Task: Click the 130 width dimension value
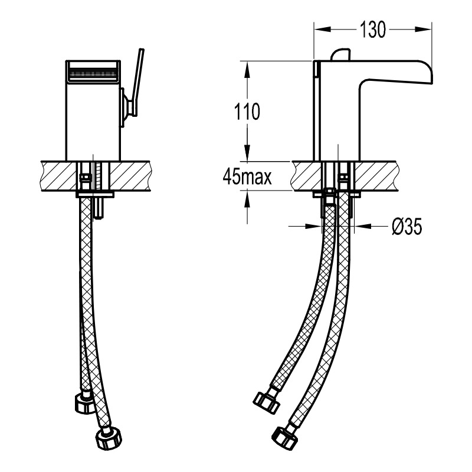[372, 30]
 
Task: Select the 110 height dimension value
[247, 112]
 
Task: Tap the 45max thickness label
[247, 177]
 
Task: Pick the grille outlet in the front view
[93, 73]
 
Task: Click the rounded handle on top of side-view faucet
[341, 54]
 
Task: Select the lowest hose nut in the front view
[109, 438]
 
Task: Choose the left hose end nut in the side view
[267, 403]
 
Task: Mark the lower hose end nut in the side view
[284, 437]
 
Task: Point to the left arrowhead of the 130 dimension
[322, 29]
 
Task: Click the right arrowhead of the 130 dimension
[424, 29]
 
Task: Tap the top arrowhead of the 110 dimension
[247, 70]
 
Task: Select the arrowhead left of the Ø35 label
[314, 226]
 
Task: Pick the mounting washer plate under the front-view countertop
[95, 195]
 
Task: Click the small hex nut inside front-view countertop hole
[84, 177]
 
